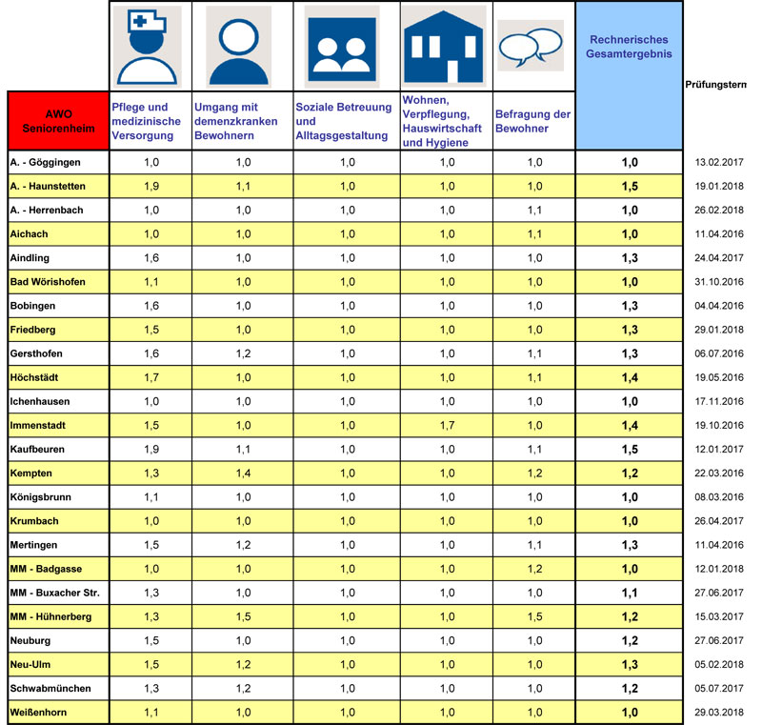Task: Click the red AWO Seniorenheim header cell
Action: click(x=57, y=121)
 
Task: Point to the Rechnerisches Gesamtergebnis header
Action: click(x=630, y=47)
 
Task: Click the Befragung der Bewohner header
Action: click(x=532, y=121)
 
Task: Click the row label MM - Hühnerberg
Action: click(x=51, y=616)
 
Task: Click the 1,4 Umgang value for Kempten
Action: click(x=243, y=473)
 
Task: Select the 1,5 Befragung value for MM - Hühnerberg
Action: click(x=534, y=616)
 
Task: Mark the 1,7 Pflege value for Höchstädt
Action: click(x=150, y=377)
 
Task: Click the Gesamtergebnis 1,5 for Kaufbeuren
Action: click(x=630, y=449)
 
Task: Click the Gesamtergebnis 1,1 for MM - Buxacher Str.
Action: click(x=630, y=593)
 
